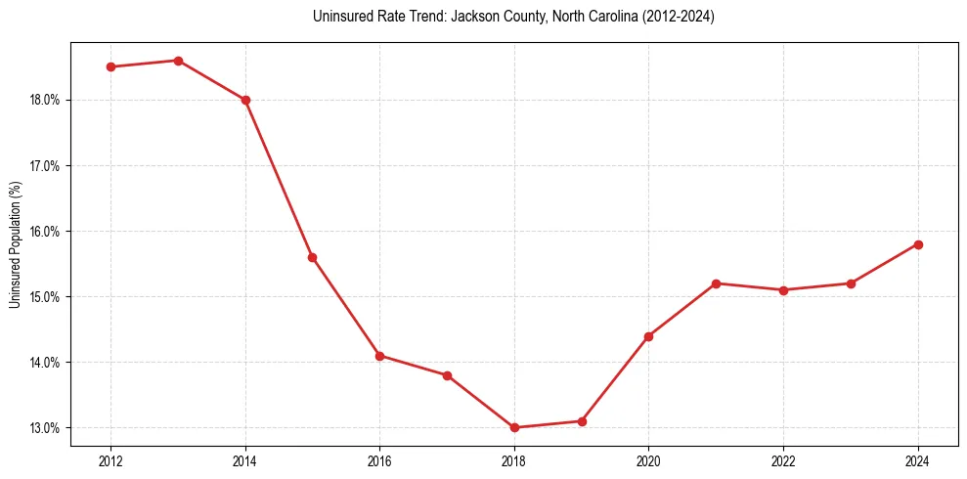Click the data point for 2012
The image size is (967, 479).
(111, 67)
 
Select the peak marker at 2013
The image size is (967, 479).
(178, 61)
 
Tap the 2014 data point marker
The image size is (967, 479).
(245, 100)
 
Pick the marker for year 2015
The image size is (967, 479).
(313, 257)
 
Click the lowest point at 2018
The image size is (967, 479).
(514, 427)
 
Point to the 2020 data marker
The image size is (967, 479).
(649, 336)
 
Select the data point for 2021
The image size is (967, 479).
(717, 283)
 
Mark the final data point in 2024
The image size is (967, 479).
(918, 244)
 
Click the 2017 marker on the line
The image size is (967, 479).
(448, 375)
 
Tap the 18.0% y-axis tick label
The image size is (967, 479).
(46, 100)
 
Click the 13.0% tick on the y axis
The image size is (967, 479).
(46, 428)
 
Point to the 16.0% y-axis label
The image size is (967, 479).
(46, 232)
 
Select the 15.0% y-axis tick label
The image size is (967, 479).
(46, 297)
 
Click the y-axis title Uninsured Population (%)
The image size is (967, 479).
(15, 244)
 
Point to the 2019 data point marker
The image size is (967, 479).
(582, 421)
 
